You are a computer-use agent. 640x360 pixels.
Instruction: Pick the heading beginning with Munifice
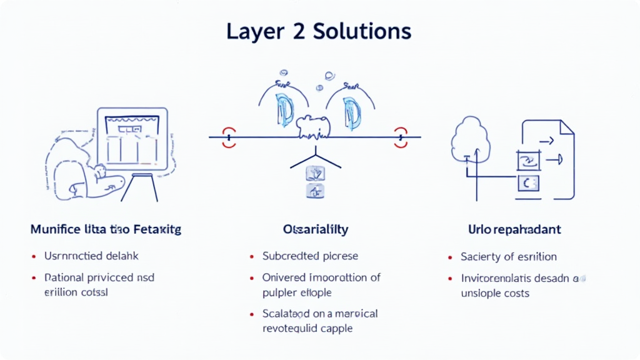[x=106, y=230]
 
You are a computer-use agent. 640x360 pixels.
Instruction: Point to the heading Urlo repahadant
[x=515, y=230]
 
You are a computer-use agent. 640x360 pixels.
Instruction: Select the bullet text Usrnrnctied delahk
[x=91, y=256]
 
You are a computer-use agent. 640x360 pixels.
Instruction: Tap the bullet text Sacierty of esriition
[x=509, y=256]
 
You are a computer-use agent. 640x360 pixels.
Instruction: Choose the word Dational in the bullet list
[x=64, y=277]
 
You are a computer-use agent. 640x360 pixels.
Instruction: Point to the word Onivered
[x=284, y=277]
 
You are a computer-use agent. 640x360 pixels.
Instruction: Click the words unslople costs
[x=495, y=292]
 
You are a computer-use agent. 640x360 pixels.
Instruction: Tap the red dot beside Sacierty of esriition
[x=450, y=257]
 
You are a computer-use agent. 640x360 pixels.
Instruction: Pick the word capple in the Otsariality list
[x=336, y=328]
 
